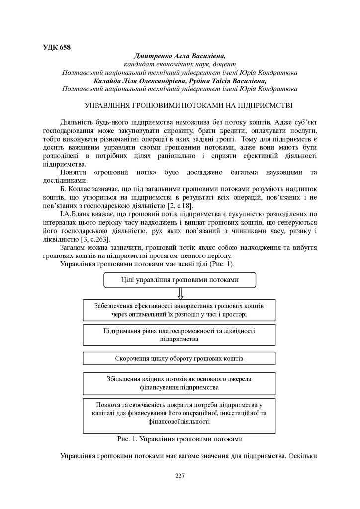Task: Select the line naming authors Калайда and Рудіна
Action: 180,81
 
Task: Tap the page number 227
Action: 180,476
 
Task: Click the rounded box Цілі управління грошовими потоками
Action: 180,279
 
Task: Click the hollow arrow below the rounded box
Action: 180,294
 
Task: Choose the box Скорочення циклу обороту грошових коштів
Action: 179,358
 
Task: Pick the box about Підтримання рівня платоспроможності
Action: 179,334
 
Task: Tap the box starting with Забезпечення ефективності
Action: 179,310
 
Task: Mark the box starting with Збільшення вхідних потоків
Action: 179,382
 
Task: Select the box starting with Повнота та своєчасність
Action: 179,412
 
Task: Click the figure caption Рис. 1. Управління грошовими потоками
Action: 180,439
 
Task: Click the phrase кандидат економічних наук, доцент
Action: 180,64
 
